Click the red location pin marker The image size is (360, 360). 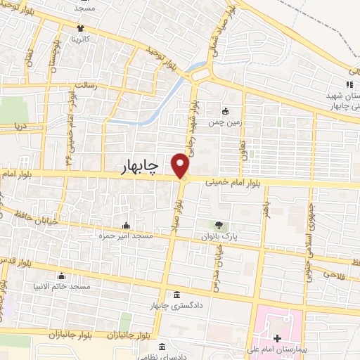[x=181, y=165]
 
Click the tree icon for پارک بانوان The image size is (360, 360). [x=218, y=226]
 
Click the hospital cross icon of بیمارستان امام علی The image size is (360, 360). [x=276, y=339]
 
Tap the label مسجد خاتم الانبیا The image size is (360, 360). [x=63, y=287]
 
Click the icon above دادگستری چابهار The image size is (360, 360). [x=175, y=294]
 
